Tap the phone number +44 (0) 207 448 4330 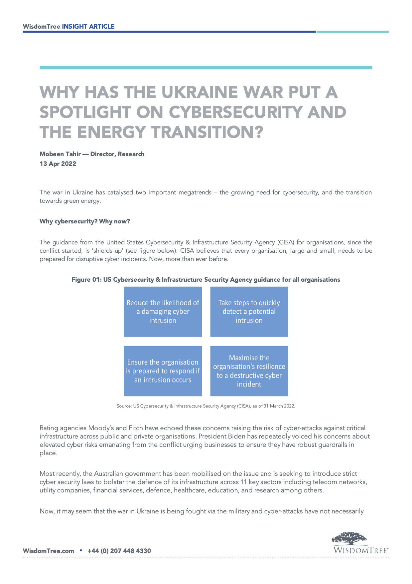(119, 551)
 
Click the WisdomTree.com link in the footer (48, 551)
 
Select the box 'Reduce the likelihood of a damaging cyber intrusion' (163, 312)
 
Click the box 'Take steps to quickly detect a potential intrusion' (249, 312)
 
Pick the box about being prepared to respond (163, 371)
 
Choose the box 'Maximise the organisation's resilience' (249, 371)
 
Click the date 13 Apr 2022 (58, 163)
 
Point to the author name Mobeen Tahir (60, 154)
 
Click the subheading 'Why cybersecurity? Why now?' (85, 221)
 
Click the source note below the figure (206, 406)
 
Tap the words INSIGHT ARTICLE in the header (88, 26)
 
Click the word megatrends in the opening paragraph (195, 192)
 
